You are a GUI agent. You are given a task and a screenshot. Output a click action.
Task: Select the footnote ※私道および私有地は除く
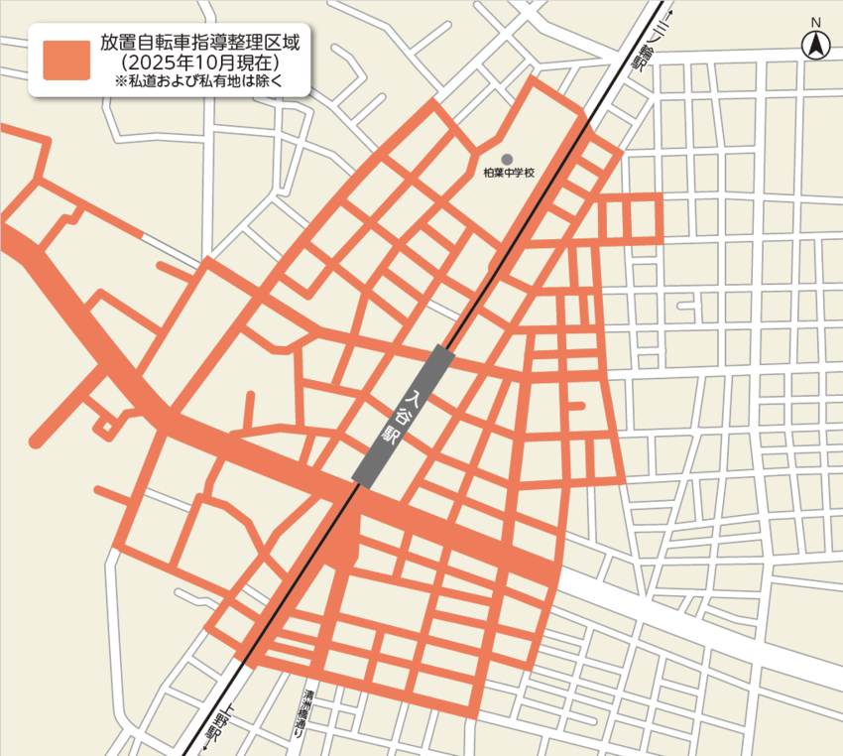(199, 82)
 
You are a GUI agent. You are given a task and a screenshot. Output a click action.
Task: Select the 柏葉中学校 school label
(509, 173)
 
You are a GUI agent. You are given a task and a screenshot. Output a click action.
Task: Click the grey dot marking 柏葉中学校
(508, 159)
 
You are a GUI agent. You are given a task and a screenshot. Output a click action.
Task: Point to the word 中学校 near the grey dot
(517, 173)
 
